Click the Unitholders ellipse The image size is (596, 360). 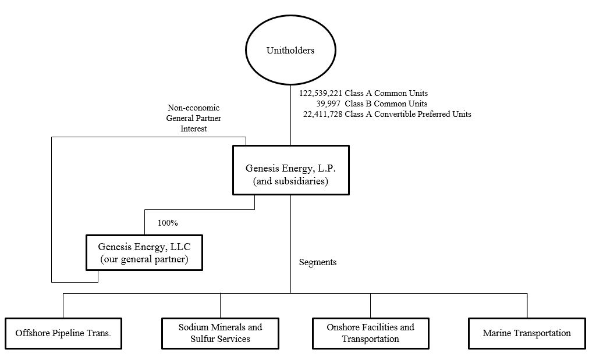290,51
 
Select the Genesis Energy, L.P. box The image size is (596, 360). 290,170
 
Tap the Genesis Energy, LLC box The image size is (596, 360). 144,252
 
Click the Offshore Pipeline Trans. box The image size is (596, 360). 63,333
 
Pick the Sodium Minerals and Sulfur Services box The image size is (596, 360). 220,333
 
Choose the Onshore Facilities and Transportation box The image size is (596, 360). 371,333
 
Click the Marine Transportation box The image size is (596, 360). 527,333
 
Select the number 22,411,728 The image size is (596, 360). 323,115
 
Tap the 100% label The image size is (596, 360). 168,223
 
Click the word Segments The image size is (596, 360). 318,262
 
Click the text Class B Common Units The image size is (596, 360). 386,104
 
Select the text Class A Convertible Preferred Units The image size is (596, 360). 408,115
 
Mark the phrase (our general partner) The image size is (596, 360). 144,259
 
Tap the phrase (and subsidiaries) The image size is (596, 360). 291,181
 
